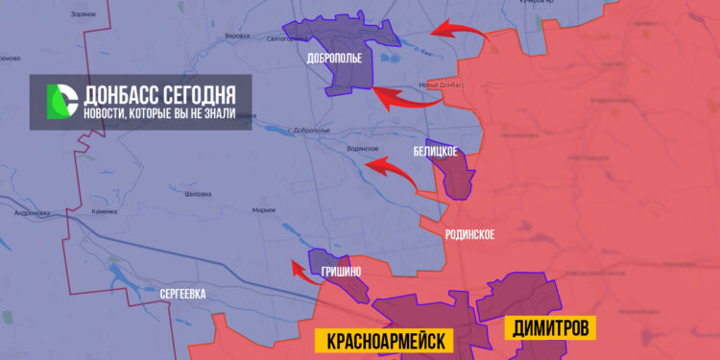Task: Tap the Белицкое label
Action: (435, 152)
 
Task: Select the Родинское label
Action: (470, 234)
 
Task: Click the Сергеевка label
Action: (182, 294)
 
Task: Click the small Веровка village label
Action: (236, 36)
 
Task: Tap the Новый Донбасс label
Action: (443, 85)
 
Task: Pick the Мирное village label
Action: (263, 209)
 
